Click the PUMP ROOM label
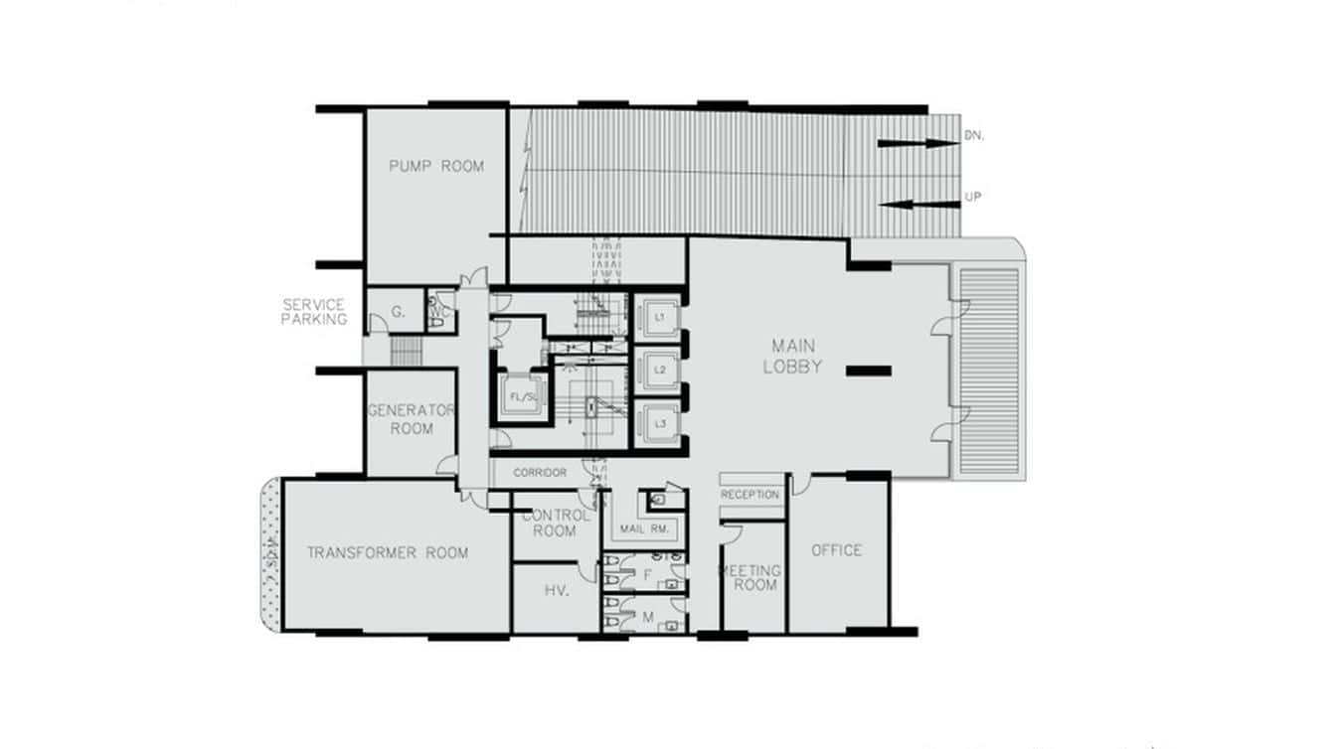(x=435, y=166)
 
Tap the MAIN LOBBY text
(x=792, y=357)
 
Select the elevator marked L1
(x=659, y=318)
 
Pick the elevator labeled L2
(x=659, y=370)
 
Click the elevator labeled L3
(x=659, y=424)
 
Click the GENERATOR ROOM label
(x=412, y=419)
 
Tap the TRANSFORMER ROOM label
(x=387, y=552)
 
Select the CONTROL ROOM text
(x=555, y=523)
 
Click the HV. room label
(x=557, y=591)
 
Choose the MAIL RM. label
(x=642, y=529)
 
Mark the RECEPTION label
(x=750, y=495)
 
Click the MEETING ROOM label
(x=752, y=578)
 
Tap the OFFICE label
(x=836, y=550)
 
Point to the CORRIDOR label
(x=540, y=474)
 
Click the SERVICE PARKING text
(x=314, y=312)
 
